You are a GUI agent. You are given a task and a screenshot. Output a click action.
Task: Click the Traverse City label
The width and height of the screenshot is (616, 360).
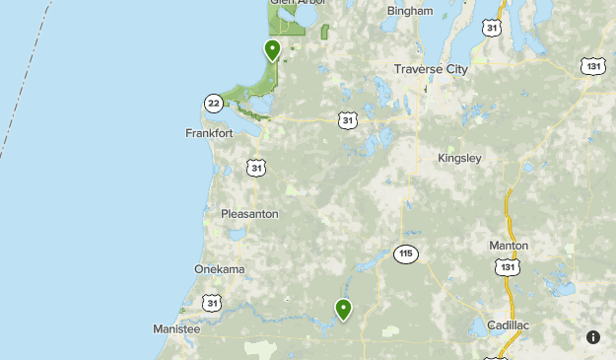point(431,69)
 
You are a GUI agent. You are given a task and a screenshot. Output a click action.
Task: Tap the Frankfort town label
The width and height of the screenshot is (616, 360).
point(209,133)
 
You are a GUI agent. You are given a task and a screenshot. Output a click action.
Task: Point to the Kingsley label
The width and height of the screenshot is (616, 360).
point(460,158)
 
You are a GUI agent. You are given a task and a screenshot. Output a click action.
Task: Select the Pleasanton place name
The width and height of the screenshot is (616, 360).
point(249,214)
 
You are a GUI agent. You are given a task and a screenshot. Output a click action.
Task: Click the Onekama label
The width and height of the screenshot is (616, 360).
point(219,269)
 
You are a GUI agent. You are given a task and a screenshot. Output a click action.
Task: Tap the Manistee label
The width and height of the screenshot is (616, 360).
point(176,328)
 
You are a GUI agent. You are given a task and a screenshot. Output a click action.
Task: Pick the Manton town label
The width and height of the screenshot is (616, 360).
point(509,246)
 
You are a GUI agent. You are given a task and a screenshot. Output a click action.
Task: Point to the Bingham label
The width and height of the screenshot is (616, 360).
point(410,11)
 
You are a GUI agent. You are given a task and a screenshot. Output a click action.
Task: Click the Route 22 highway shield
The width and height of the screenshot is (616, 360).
point(214,103)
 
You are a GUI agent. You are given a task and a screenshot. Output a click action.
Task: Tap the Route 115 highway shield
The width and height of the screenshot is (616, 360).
point(405,253)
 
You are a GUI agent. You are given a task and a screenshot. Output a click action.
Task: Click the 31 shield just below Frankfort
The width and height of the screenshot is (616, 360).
point(256,168)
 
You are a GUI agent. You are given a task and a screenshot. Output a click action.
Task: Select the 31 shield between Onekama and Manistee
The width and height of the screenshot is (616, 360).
point(212,303)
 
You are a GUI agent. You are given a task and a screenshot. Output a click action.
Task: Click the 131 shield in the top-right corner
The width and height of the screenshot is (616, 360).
point(592,65)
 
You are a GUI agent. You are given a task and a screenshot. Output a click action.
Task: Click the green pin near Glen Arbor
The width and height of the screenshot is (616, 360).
point(272,50)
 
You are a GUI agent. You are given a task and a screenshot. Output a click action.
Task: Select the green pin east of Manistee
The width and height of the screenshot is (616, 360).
point(343,310)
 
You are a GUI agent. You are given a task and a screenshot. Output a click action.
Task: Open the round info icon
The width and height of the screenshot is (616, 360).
point(593,337)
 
